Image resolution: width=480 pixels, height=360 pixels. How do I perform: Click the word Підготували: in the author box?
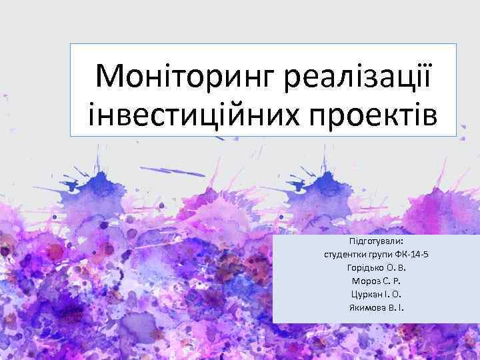(x=377, y=240)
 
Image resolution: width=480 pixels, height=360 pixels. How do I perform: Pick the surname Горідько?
(x=365, y=267)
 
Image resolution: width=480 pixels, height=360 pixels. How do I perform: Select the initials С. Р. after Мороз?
(x=392, y=281)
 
